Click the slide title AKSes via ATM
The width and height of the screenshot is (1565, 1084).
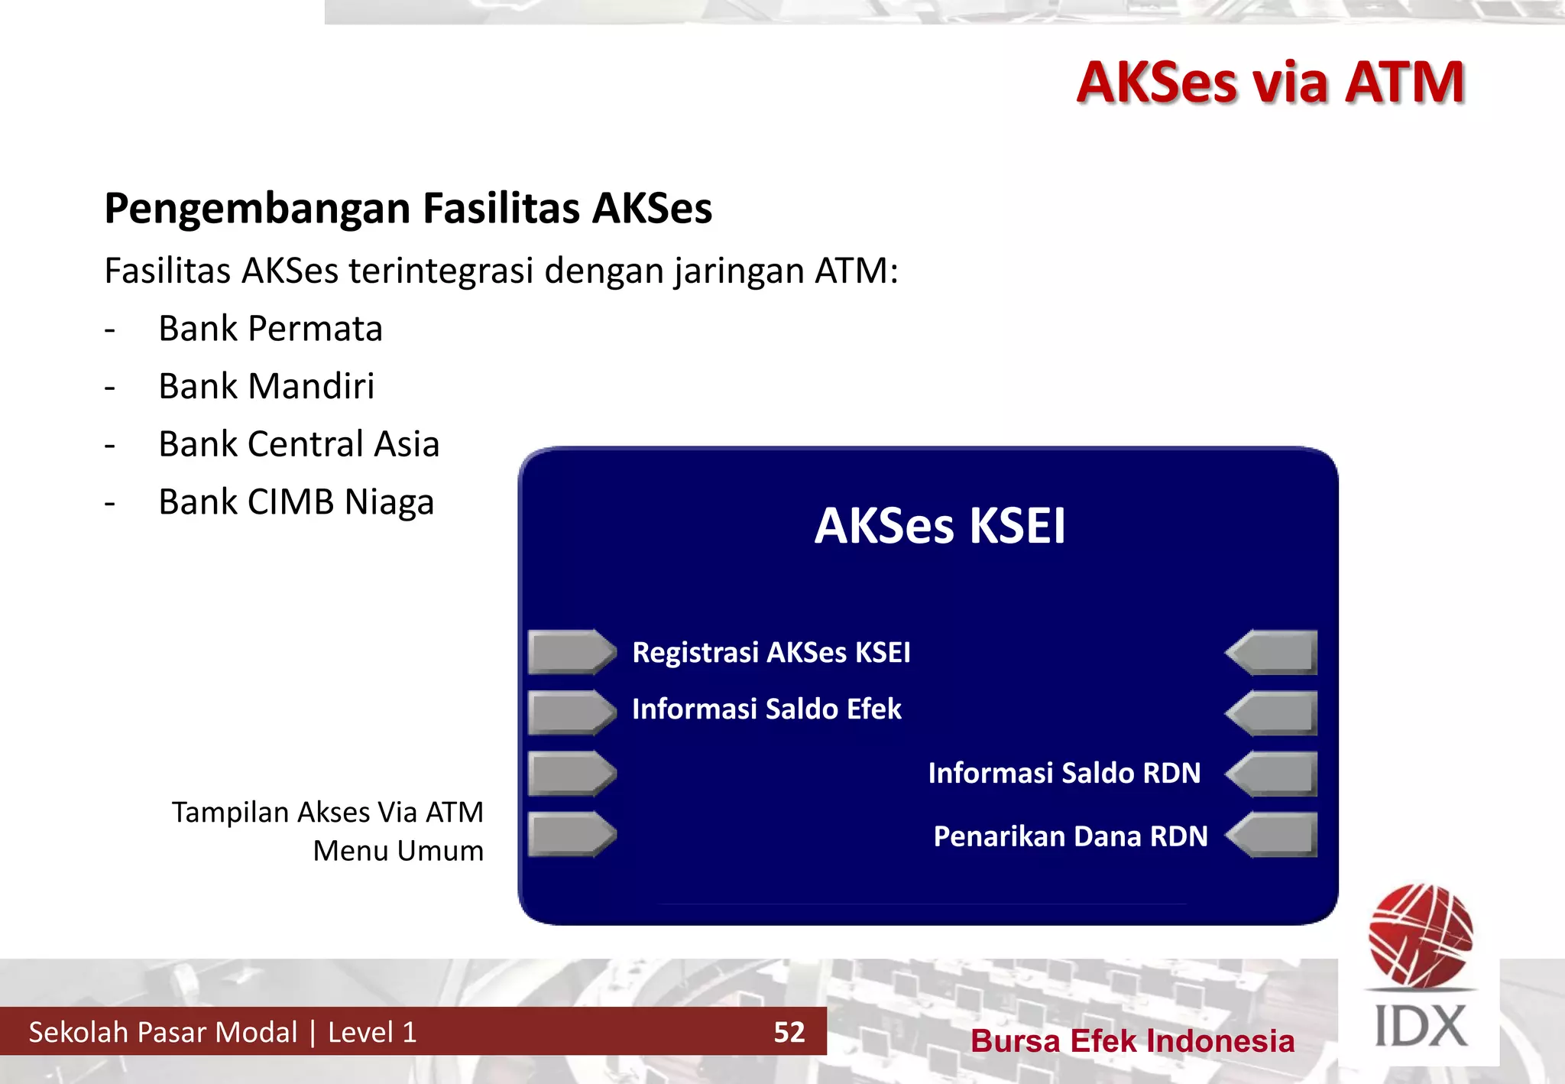click(1270, 83)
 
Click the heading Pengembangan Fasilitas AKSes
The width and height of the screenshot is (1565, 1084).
click(408, 208)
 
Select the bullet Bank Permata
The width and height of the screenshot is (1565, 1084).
click(270, 329)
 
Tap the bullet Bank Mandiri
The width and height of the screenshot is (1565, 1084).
click(266, 386)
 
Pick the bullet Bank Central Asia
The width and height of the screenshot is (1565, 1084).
click(299, 444)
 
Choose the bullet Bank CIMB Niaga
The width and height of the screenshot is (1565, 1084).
click(296, 502)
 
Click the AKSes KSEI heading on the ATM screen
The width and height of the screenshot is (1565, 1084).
click(939, 526)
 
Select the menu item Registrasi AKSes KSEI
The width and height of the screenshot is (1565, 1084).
click(771, 652)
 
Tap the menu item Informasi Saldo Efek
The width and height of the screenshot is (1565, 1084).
click(766, 709)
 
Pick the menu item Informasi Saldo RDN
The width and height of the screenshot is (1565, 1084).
click(1064, 773)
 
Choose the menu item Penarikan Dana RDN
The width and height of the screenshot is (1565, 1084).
click(1070, 836)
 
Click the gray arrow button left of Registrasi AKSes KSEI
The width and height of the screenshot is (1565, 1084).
click(571, 652)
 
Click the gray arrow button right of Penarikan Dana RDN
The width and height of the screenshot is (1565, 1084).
click(1272, 835)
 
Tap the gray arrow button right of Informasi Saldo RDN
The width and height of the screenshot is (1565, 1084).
click(1272, 774)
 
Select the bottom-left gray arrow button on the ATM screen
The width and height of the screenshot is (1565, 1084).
click(571, 835)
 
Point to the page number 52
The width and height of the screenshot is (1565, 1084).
click(789, 1032)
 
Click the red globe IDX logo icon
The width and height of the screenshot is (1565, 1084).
click(1421, 934)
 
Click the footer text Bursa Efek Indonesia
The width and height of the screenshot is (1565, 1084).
click(1132, 1041)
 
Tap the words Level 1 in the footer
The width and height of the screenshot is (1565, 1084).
click(372, 1032)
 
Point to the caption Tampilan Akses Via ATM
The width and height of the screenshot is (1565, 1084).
click(327, 812)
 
